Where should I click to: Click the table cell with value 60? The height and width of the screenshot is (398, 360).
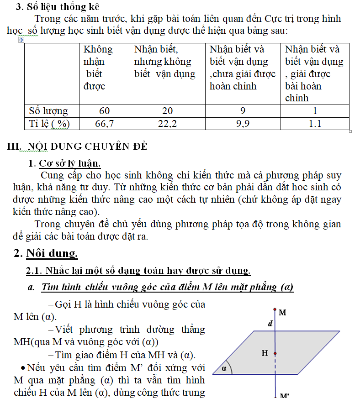[x=105, y=111]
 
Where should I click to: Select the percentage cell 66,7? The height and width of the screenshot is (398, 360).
[x=105, y=124]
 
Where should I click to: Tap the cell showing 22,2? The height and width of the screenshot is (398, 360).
[x=168, y=124]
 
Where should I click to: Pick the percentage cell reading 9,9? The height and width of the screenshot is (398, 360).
[x=243, y=124]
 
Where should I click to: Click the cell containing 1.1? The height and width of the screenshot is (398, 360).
[x=315, y=124]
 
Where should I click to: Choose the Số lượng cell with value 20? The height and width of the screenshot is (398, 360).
[x=168, y=111]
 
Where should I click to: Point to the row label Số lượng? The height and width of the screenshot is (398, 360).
[x=48, y=111]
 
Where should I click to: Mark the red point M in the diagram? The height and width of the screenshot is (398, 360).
[x=275, y=310]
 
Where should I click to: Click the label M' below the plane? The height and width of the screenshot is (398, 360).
[x=284, y=395]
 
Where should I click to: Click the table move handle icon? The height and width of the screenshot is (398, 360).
[x=21, y=40]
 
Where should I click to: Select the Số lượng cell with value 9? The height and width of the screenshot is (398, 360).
[x=243, y=111]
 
